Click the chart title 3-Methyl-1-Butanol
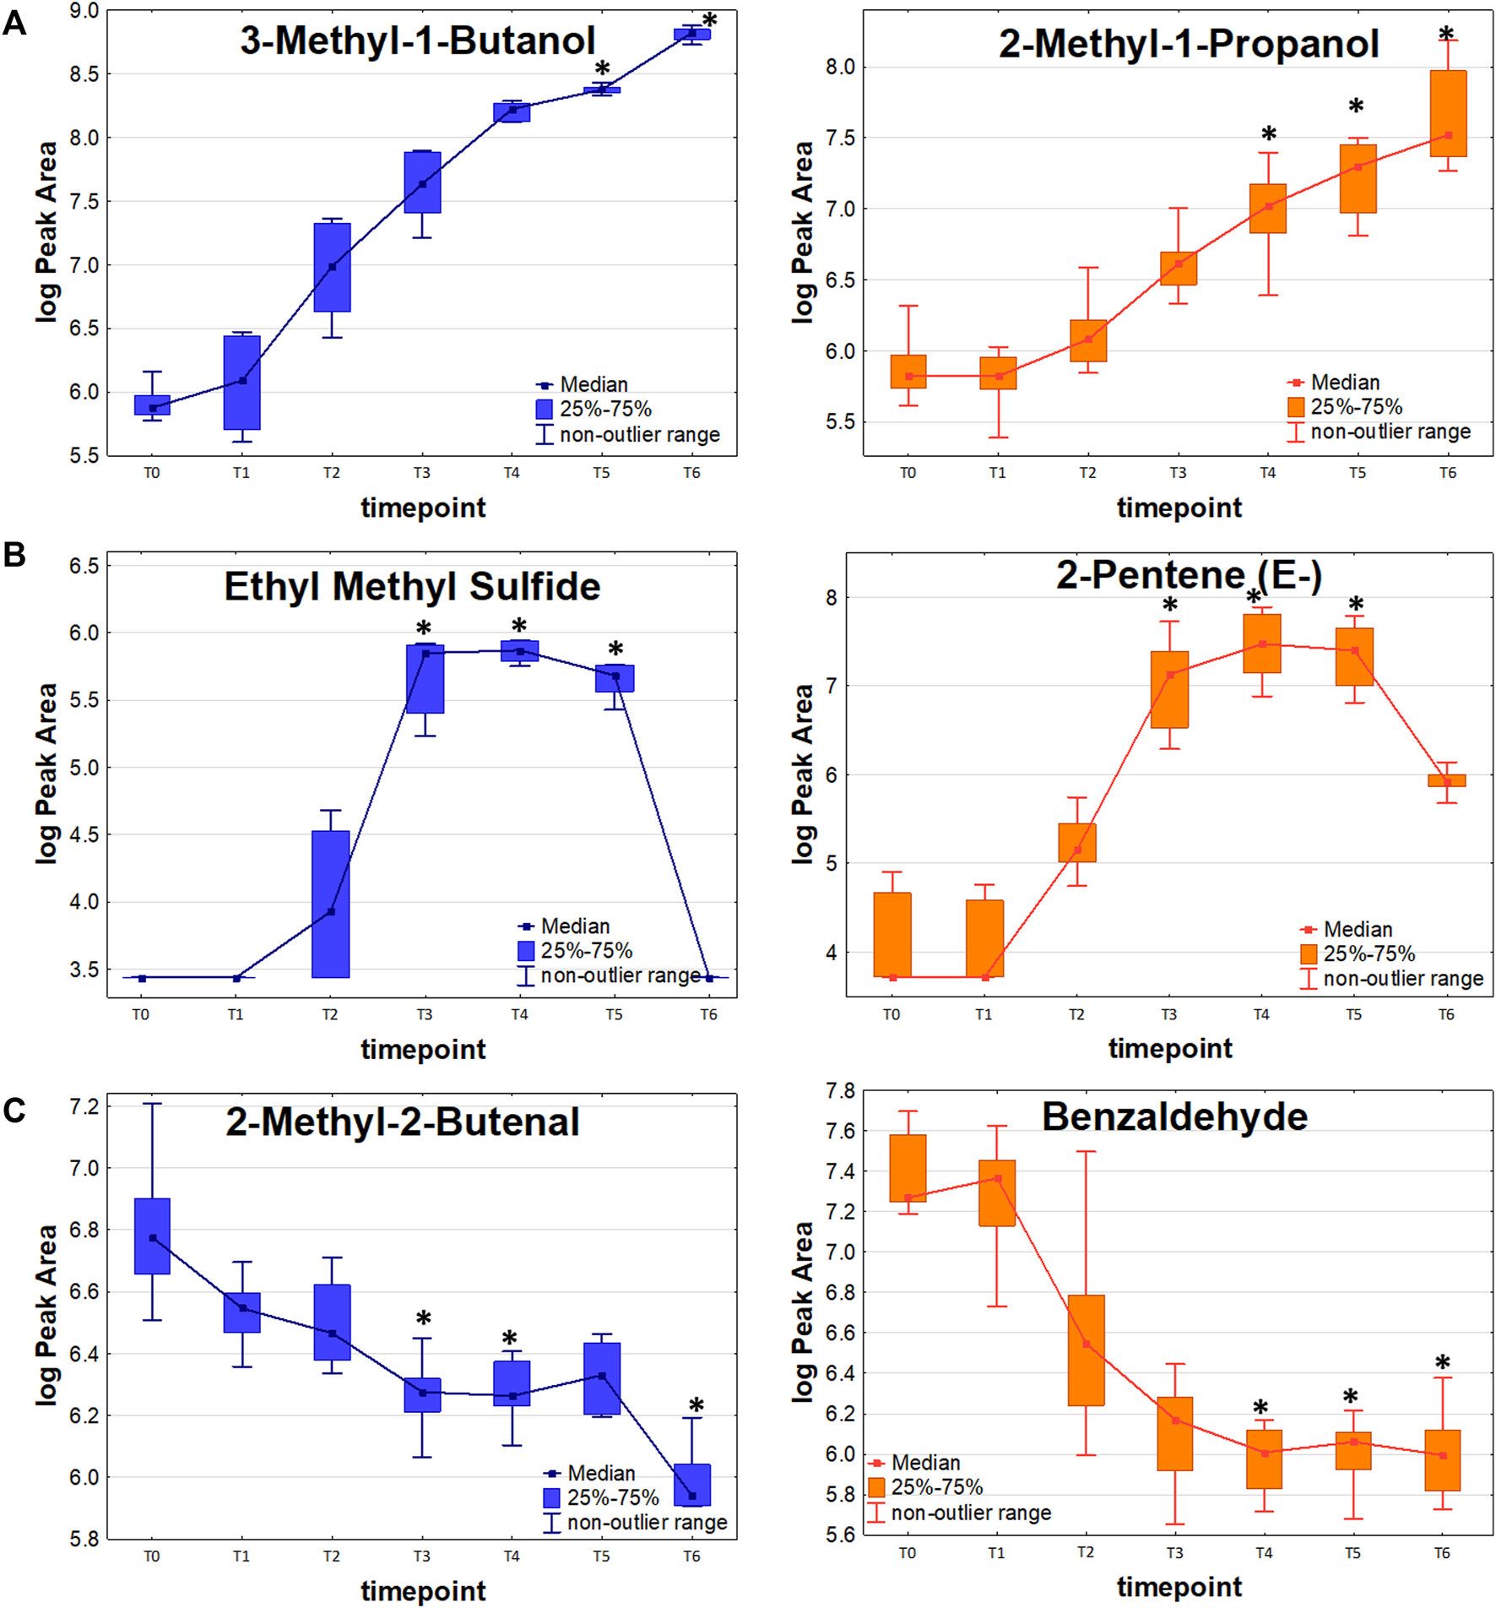click(x=417, y=41)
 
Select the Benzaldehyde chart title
click(x=1174, y=1116)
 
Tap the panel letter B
click(x=14, y=555)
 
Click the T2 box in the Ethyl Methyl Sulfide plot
click(x=331, y=904)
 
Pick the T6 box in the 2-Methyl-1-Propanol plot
click(x=1448, y=113)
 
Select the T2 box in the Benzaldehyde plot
click(x=1087, y=1350)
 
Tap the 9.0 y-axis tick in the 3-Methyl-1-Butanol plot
click(x=84, y=11)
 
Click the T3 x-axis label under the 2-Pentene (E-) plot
click(x=1168, y=1014)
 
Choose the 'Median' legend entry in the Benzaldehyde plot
click(x=925, y=1462)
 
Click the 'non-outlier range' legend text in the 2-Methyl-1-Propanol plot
click(x=1390, y=432)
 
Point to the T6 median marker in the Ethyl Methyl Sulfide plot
click(x=709, y=978)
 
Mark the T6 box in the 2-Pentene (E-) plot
click(x=1447, y=780)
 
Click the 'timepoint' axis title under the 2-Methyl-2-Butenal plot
click(x=423, y=1591)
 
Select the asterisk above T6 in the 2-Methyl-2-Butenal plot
click(x=696, y=1405)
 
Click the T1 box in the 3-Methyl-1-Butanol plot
click(x=242, y=383)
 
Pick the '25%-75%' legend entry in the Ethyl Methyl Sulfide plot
click(x=586, y=951)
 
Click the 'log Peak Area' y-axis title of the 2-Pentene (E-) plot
click(x=802, y=774)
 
